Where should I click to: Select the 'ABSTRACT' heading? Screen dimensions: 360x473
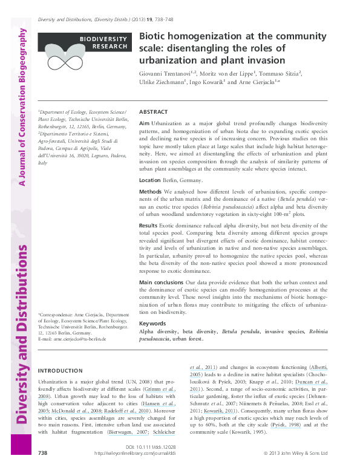(x=154, y=113)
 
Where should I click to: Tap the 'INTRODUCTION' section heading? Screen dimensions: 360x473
(x=61, y=370)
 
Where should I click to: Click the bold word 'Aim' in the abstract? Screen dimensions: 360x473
(x=144, y=123)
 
